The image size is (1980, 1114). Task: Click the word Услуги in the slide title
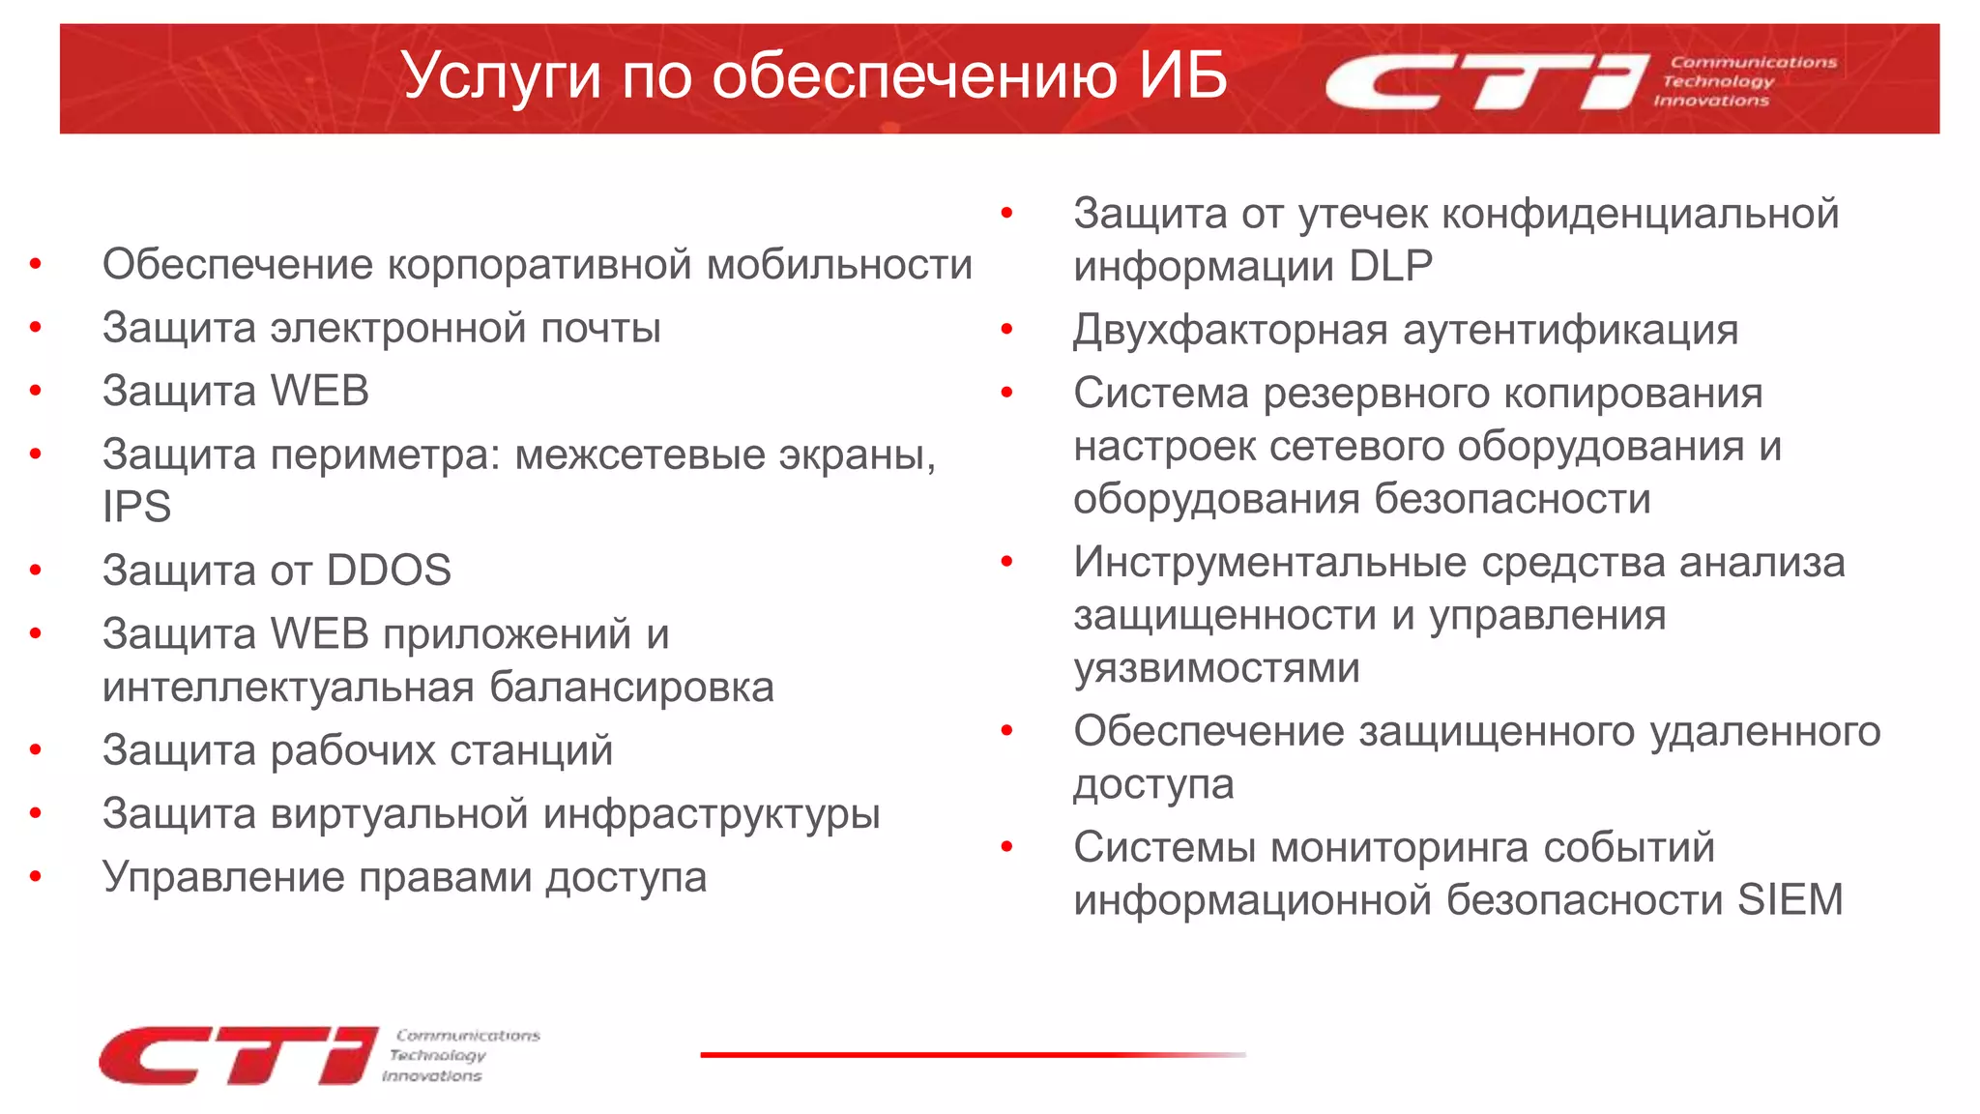(x=502, y=76)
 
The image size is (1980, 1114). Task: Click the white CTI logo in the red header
(x=1485, y=81)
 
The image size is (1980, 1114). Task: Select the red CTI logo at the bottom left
(x=237, y=1055)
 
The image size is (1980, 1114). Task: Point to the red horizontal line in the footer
(x=972, y=1054)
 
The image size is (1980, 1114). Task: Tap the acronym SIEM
(x=1790, y=900)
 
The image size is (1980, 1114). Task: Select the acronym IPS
(x=136, y=507)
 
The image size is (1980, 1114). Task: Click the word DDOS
(x=389, y=571)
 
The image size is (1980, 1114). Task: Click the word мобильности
(x=839, y=265)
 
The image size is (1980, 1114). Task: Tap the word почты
(x=600, y=329)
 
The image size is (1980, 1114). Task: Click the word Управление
(x=223, y=878)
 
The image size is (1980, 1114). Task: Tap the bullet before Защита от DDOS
(x=36, y=571)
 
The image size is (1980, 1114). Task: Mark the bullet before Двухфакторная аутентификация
(x=1006, y=330)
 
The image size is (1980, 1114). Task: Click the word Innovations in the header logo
(x=1711, y=101)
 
